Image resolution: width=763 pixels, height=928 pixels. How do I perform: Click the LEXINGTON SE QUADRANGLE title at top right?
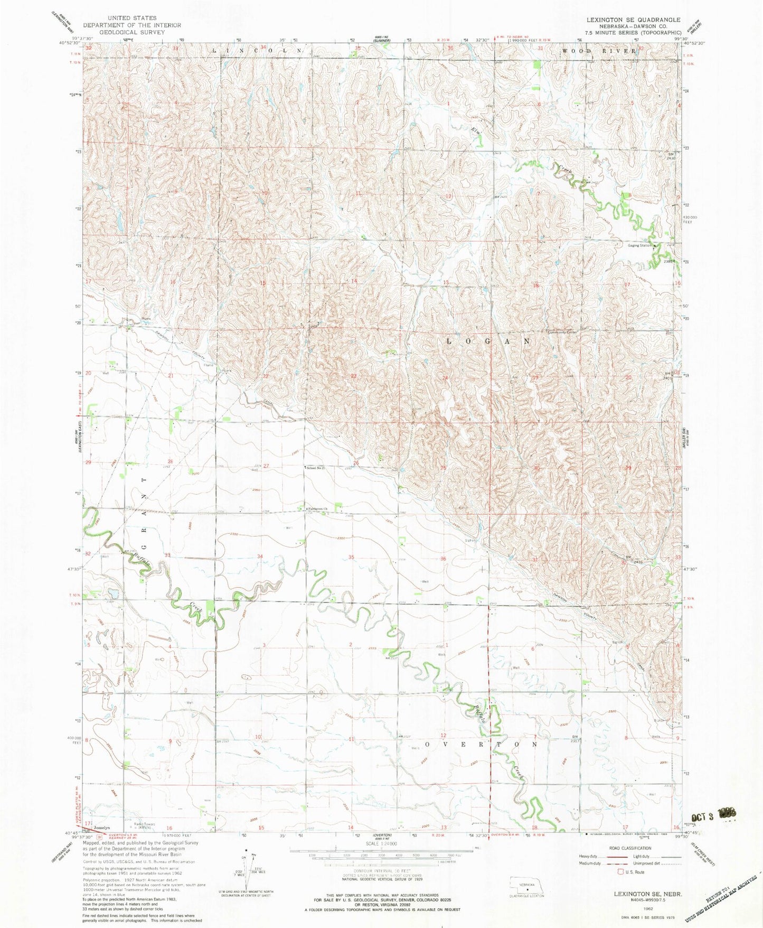pyautogui.click(x=633, y=19)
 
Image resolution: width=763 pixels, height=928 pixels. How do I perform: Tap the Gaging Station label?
pyautogui.click(x=639, y=246)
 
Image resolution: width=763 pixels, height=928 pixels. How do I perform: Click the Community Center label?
pyautogui.click(x=563, y=332)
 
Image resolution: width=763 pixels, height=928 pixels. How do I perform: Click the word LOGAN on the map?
pyautogui.click(x=489, y=341)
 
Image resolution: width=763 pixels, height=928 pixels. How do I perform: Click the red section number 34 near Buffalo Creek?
pyautogui.click(x=259, y=556)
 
